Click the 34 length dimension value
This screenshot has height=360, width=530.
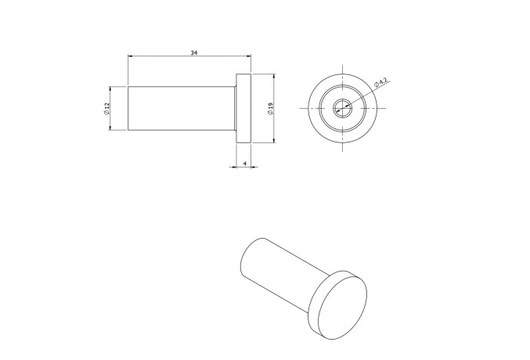click(x=193, y=52)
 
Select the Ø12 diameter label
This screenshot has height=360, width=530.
click(x=106, y=108)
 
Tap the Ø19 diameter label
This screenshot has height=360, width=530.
click(x=269, y=109)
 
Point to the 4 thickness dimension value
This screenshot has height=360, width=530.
click(x=245, y=163)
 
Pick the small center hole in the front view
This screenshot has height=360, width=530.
click(x=342, y=109)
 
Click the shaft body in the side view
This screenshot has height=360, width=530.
click(x=182, y=108)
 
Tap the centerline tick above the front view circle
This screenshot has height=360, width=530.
click(x=342, y=69)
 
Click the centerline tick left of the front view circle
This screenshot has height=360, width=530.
click(x=302, y=109)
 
